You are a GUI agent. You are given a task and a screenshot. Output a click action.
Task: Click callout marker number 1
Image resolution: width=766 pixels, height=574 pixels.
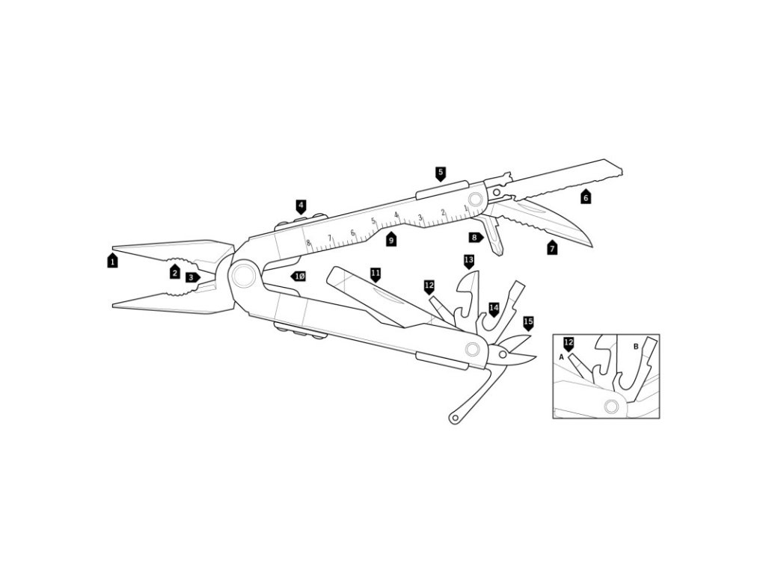tap(112, 261)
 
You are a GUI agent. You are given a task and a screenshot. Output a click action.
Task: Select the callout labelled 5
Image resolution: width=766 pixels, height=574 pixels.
tap(441, 173)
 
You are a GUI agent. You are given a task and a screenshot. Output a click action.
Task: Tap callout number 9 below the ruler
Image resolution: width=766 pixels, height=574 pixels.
tap(390, 239)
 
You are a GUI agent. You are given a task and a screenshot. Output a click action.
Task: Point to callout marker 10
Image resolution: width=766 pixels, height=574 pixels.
tap(298, 277)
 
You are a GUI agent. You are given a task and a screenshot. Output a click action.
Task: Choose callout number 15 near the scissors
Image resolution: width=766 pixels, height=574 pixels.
tap(528, 323)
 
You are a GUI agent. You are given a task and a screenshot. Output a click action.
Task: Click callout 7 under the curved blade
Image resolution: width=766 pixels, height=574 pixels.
tap(552, 247)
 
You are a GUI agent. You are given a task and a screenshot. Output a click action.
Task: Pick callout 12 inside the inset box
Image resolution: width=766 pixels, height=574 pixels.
tap(569, 344)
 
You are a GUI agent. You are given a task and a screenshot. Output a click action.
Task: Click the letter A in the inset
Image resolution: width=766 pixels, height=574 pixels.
tap(562, 357)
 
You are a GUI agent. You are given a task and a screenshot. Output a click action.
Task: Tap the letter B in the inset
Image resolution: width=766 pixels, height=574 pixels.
tap(636, 347)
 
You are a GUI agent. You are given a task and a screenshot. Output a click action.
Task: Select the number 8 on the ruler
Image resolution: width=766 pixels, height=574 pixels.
tap(308, 243)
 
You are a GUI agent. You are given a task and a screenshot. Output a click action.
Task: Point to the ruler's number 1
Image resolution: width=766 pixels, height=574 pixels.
tap(465, 208)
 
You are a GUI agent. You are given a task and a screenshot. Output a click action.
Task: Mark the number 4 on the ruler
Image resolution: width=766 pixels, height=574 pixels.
tap(396, 215)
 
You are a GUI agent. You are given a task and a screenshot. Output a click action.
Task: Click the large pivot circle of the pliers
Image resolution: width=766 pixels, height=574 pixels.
tap(243, 276)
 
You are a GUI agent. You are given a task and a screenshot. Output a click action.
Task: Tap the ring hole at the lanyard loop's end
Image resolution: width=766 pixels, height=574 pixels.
tap(456, 417)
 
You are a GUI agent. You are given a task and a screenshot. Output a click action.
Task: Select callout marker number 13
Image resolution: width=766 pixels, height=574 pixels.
tap(469, 261)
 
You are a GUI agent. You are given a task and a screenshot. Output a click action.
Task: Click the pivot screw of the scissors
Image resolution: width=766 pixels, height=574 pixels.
tap(503, 354)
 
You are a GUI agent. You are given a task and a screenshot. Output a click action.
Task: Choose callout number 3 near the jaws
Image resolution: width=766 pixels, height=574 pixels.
tap(192, 277)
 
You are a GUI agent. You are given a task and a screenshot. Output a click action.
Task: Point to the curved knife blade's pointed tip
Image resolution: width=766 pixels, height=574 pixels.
tap(592, 246)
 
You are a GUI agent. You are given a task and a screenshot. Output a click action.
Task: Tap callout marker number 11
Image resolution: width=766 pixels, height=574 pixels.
tap(376, 275)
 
